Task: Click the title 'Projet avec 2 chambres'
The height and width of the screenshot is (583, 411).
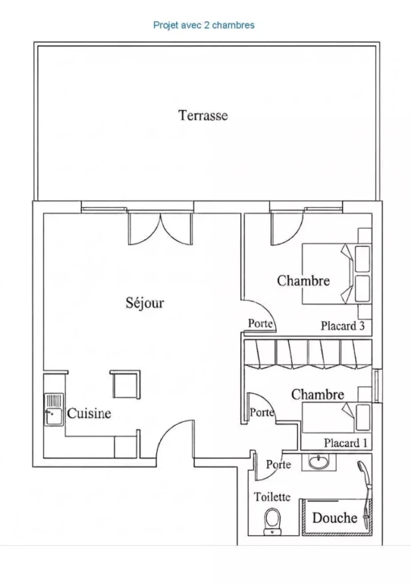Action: [204, 25]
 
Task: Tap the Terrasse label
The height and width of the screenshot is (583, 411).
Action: [202, 115]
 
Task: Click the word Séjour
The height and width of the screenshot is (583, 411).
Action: [145, 303]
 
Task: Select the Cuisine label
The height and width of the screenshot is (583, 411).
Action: [89, 413]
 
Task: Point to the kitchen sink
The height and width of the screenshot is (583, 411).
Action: [54, 409]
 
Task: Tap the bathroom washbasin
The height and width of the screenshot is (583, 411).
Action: [318, 462]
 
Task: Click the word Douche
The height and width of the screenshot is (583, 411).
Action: [334, 518]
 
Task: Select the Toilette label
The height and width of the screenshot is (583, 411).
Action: [272, 496]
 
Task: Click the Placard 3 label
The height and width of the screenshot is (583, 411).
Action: [343, 326]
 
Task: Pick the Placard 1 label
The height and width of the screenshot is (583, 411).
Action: [345, 443]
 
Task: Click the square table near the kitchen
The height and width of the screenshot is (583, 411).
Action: [125, 384]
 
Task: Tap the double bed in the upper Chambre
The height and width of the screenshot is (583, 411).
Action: [337, 274]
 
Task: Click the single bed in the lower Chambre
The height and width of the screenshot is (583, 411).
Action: [337, 418]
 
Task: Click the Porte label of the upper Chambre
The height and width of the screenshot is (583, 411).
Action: [260, 323]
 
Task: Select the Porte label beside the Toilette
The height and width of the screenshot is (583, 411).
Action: [278, 465]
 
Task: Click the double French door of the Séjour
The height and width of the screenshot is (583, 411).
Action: [161, 228]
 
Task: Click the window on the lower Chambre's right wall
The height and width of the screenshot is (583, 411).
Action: [376, 386]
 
